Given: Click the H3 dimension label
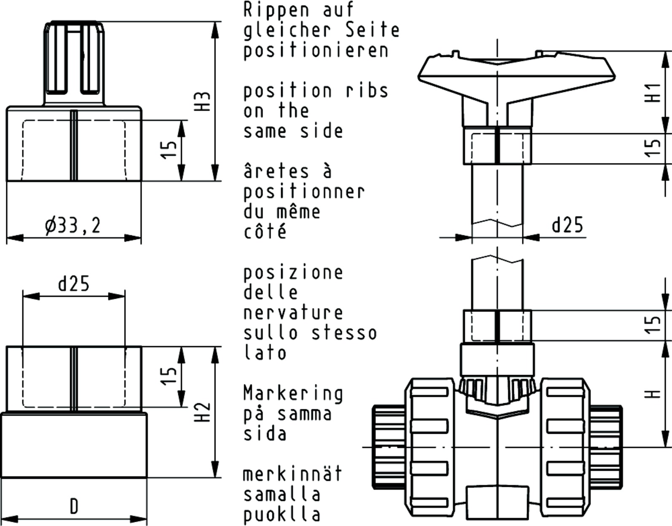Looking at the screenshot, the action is point(203,102).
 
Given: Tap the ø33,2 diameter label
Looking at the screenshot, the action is point(73,225).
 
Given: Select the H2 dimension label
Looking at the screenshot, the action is point(203,413).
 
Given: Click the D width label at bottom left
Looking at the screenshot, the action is point(74,507).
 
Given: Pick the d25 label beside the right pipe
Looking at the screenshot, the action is point(567,225).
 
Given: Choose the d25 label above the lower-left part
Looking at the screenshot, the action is point(74,283).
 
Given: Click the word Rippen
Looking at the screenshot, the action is point(276,10).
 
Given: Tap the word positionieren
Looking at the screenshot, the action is point(316,51).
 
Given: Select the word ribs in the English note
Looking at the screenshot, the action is point(367,91).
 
